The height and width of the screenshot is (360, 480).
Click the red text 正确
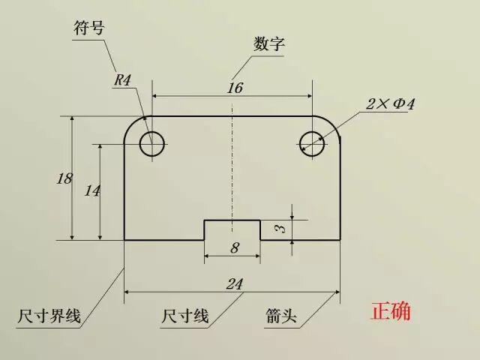tap(391, 311)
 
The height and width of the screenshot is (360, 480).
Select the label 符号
tap(88, 28)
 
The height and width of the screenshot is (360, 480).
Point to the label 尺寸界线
tap(49, 317)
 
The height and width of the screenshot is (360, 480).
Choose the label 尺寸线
tap(184, 316)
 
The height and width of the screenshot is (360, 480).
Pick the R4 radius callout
tap(123, 80)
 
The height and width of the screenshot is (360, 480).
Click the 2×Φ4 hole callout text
tap(390, 104)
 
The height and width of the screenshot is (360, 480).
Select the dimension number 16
tap(235, 88)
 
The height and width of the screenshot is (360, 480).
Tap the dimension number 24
tap(235, 283)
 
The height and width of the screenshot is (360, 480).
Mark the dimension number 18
tap(64, 178)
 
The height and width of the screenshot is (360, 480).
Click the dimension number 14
tap(92, 190)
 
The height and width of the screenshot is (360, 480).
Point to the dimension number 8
tap(234, 247)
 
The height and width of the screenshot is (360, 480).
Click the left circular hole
tap(152, 142)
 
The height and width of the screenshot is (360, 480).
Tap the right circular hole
tap(312, 142)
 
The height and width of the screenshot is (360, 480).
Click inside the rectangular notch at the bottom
tap(232, 230)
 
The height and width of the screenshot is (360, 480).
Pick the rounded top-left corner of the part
tap(132, 124)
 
